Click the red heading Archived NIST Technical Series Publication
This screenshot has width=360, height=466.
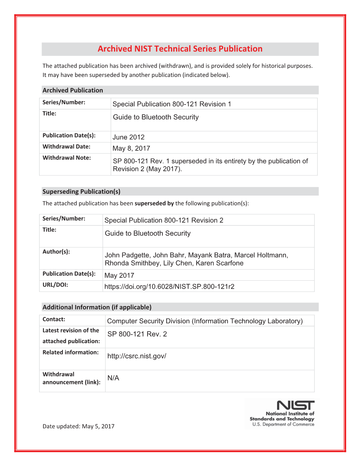[180, 49]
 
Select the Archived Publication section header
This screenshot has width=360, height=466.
[73, 90]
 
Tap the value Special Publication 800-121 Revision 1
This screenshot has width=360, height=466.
[172, 104]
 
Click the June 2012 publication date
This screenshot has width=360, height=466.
[128, 137]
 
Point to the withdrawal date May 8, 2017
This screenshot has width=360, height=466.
[131, 149]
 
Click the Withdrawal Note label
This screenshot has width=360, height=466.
[67, 158]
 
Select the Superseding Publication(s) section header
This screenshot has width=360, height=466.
[81, 192]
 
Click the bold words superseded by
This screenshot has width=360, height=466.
[154, 203]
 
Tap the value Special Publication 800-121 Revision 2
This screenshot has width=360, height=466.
[164, 220]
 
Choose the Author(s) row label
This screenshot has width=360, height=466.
[56, 252]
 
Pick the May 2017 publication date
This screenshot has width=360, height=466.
[119, 275]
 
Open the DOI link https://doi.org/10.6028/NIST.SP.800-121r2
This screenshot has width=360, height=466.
[169, 287]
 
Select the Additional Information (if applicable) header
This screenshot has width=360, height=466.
[97, 307]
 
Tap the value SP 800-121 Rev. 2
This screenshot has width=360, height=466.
[137, 334]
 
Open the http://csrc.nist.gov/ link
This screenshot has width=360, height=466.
[137, 356]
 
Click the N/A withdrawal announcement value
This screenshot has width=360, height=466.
[113, 378]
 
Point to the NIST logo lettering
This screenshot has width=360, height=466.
[295, 405]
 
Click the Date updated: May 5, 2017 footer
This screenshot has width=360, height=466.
[78, 426]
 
